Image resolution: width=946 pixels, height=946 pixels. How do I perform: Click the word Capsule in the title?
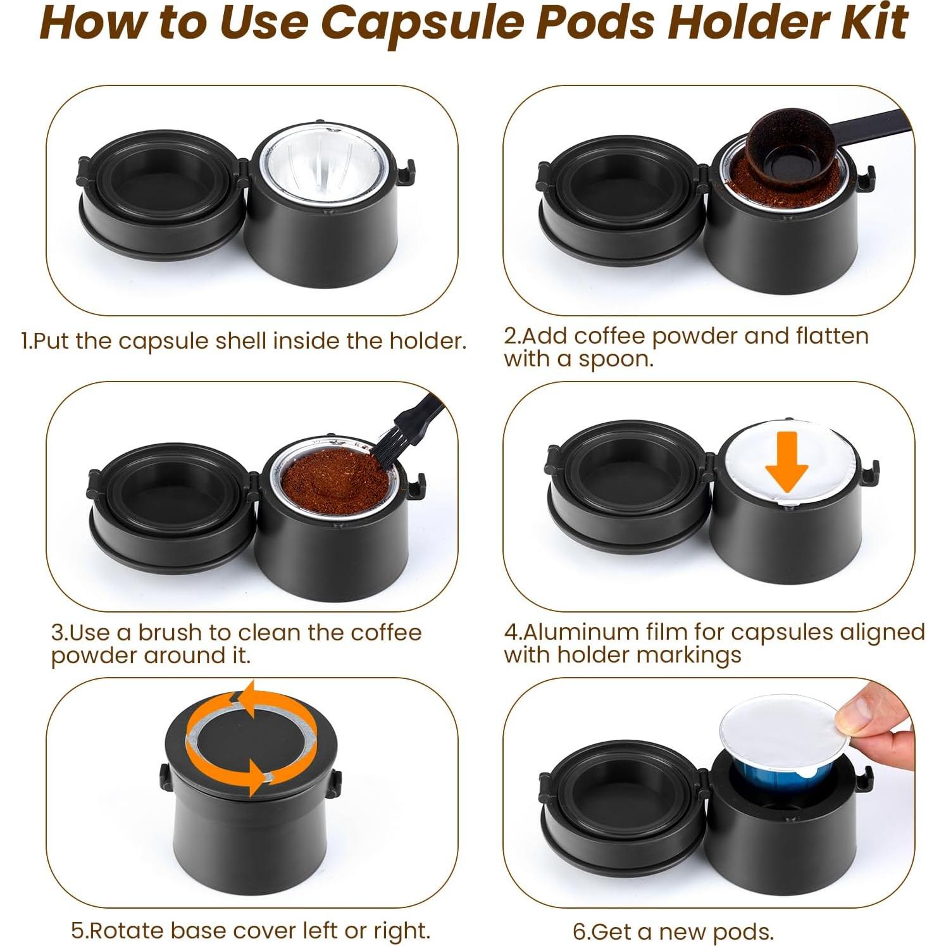423,23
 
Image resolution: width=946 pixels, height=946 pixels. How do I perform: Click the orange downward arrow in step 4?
787,465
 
